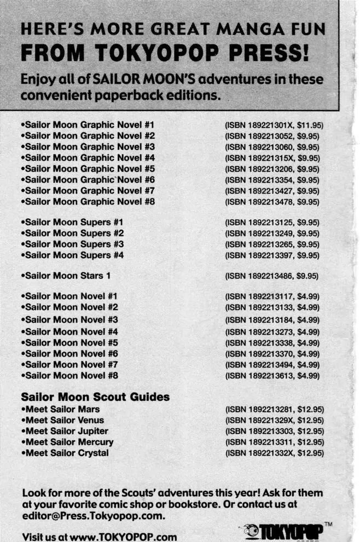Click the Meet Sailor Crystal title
tap(65, 452)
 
